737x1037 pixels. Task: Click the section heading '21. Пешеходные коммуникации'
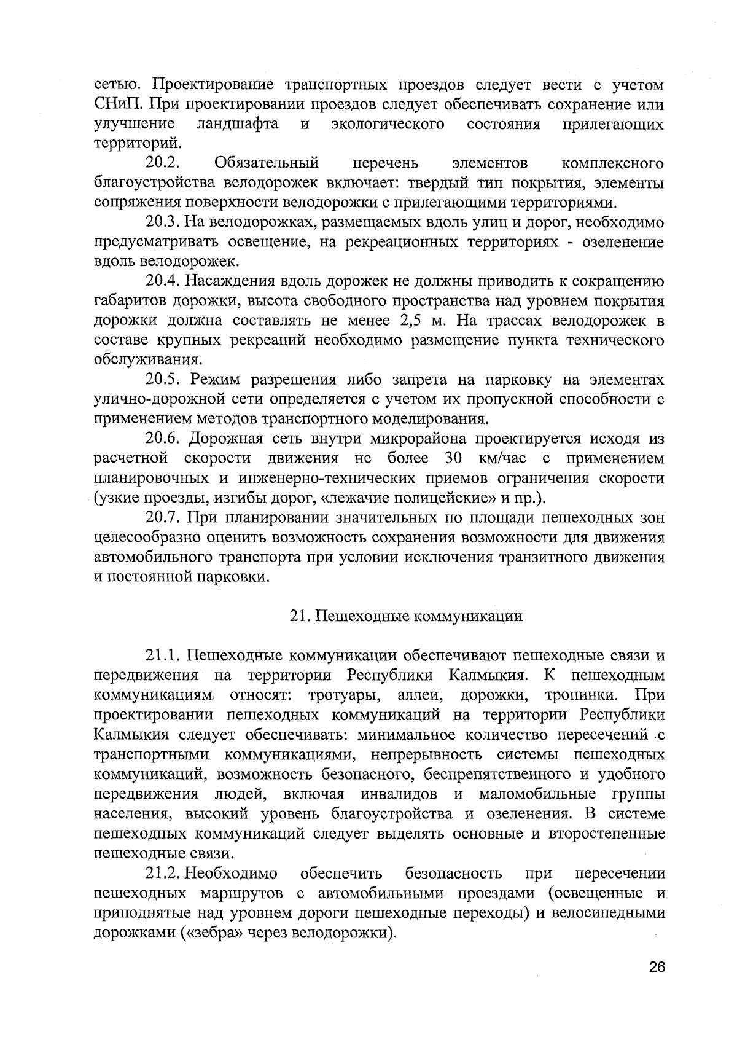(x=406, y=616)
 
